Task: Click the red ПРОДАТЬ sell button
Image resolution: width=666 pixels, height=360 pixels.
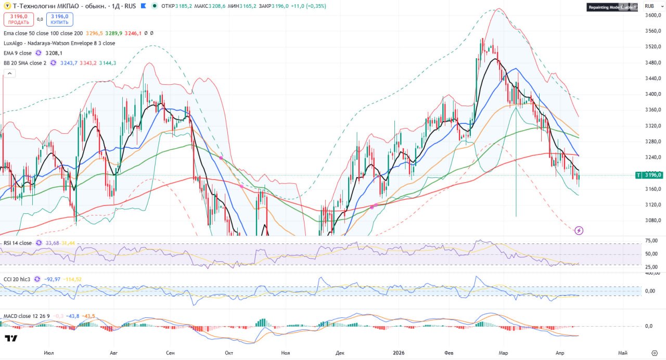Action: tap(18, 19)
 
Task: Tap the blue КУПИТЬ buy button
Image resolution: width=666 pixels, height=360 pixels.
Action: tap(59, 19)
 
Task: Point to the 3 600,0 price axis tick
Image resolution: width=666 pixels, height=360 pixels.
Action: tap(653, 16)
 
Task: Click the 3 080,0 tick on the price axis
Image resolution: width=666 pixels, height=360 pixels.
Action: tap(653, 221)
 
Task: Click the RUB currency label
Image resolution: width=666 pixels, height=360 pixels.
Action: tap(649, 6)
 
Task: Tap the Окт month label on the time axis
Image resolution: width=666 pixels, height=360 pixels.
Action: tap(228, 352)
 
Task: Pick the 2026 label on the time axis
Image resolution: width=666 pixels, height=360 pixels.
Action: tap(399, 352)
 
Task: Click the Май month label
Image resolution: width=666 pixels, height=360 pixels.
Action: tap(622, 352)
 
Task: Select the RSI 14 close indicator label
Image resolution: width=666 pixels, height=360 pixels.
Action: tap(17, 243)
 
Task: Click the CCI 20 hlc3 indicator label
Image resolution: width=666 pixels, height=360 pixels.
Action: tap(17, 279)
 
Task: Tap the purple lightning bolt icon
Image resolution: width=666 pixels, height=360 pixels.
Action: tap(579, 230)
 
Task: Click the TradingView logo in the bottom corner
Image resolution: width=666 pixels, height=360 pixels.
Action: tap(11, 339)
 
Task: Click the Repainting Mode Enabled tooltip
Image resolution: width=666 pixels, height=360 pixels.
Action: tap(612, 7)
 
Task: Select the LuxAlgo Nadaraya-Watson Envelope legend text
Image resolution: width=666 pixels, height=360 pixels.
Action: tap(59, 43)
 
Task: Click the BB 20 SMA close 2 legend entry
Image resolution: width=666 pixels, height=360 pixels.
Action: tap(25, 63)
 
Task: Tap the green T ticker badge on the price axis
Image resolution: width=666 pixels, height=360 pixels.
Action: tap(638, 175)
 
